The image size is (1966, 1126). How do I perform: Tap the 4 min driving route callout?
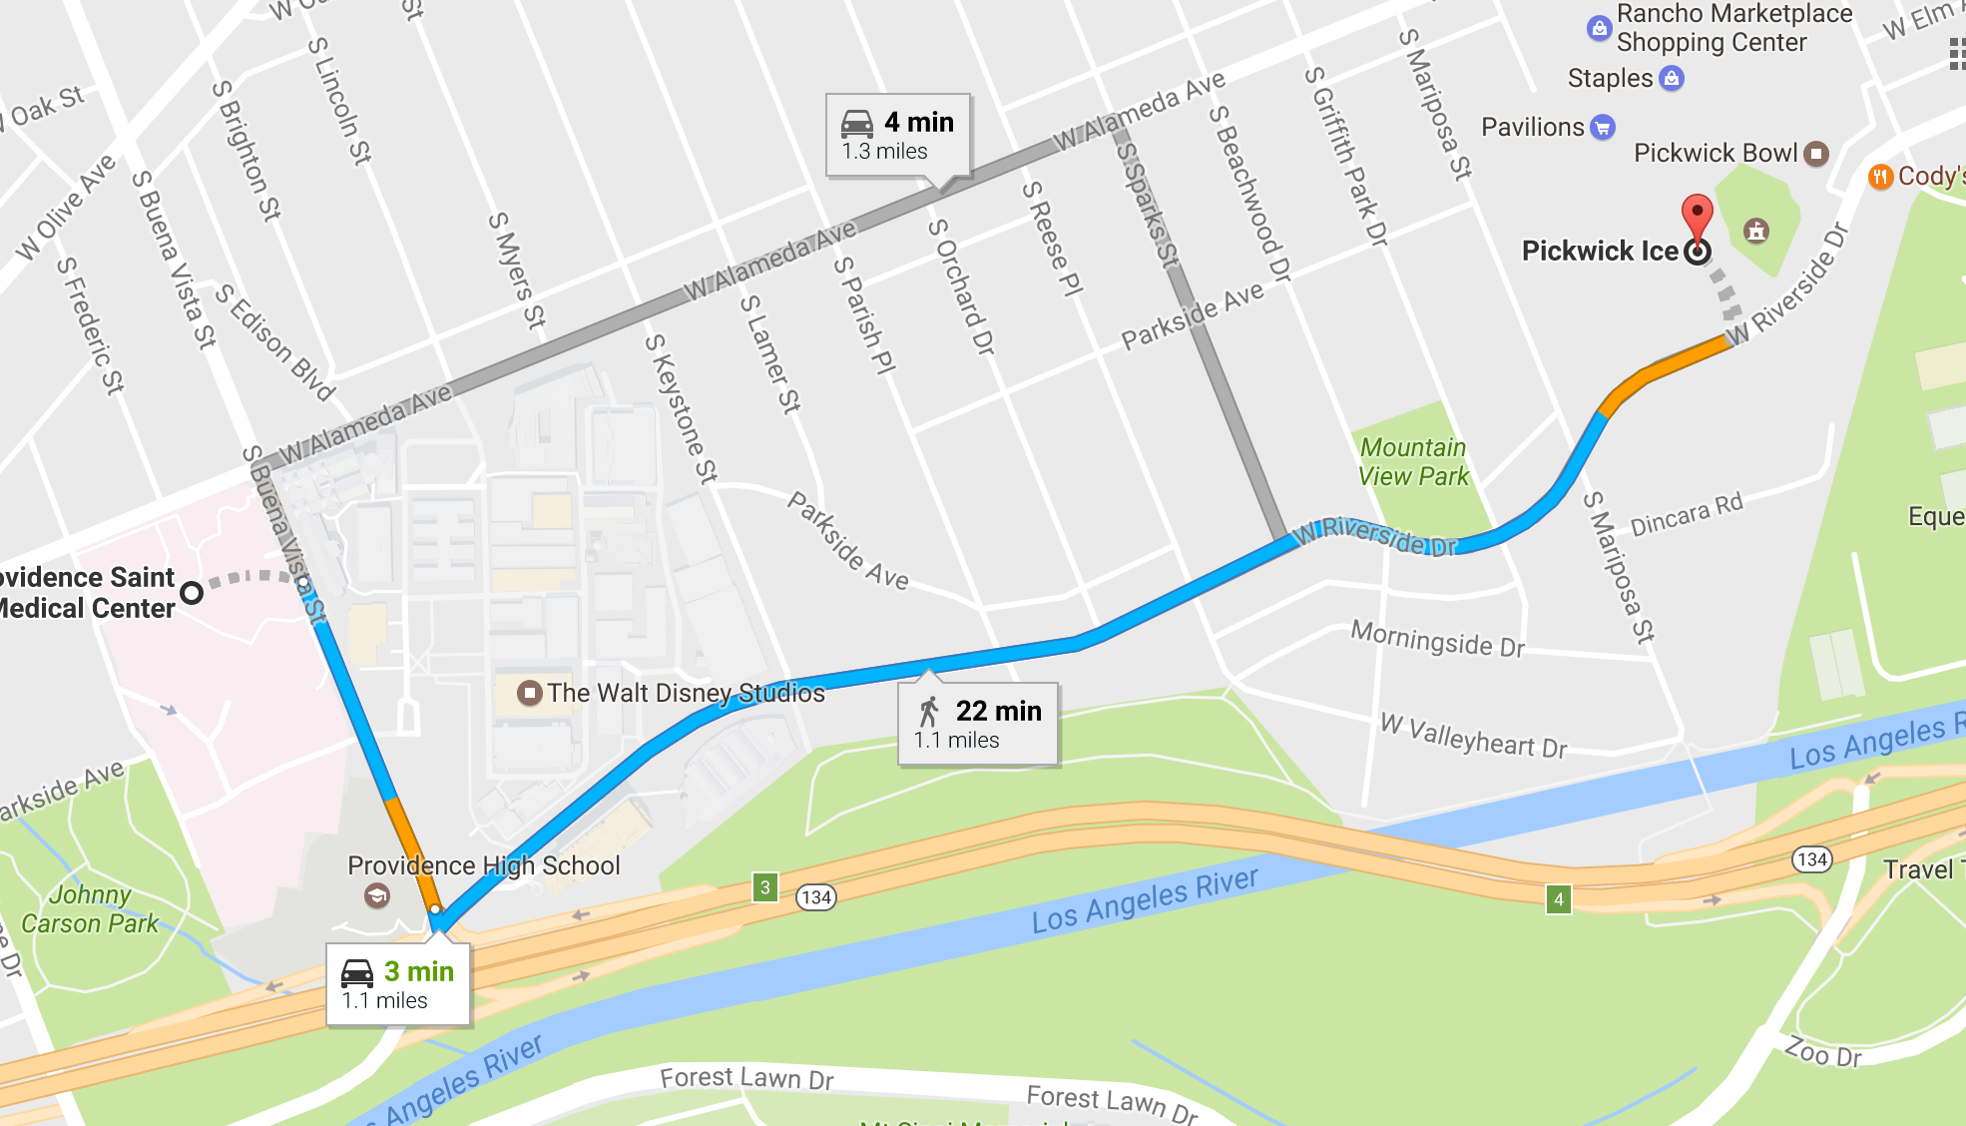[898, 136]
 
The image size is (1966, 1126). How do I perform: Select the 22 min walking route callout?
[978, 725]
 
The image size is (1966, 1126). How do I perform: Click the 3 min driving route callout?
[398, 984]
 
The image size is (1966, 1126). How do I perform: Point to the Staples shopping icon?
[1672, 78]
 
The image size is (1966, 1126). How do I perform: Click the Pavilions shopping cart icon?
[1603, 127]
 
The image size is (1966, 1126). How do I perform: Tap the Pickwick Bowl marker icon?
[1817, 153]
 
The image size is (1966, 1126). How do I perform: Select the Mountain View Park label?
[1413, 461]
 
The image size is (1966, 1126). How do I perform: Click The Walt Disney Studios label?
[686, 693]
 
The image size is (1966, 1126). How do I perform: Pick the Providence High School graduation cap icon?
[376, 895]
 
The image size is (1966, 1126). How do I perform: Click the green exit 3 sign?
[765, 886]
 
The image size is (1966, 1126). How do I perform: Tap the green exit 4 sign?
[1559, 898]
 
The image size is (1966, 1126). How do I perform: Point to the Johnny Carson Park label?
[90, 908]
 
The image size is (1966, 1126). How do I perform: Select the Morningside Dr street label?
[1437, 638]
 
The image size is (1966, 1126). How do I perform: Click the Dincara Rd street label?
[1687, 514]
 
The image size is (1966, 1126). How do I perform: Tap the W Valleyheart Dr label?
[1473, 737]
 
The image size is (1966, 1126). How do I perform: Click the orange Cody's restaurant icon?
[1880, 178]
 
